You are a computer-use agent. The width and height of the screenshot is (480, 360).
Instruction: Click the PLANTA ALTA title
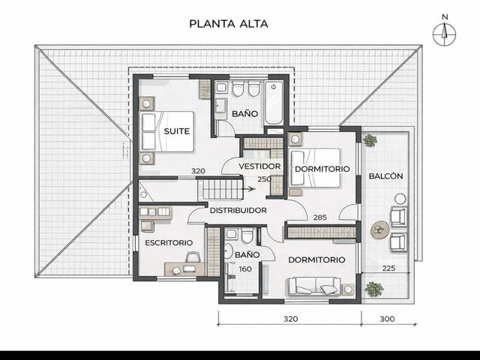pyautogui.click(x=229, y=24)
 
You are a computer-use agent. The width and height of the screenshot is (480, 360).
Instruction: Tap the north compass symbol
pyautogui.click(x=445, y=31)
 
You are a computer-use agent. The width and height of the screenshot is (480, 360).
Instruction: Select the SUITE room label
pyautogui.click(x=177, y=131)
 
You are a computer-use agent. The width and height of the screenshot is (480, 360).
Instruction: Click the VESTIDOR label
pyautogui.click(x=259, y=166)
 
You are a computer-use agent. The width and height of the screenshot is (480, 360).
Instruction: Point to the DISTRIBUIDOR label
pyautogui.click(x=238, y=211)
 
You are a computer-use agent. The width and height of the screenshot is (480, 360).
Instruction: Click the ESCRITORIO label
pyautogui.click(x=169, y=243)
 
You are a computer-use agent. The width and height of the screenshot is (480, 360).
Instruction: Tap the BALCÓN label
pyautogui.click(x=385, y=176)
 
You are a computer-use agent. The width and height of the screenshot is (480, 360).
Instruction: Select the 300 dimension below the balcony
pyautogui.click(x=387, y=319)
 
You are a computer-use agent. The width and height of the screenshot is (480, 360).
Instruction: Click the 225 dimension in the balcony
pyautogui.click(x=388, y=268)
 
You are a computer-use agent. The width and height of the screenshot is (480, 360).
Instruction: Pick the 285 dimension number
pyautogui.click(x=320, y=217)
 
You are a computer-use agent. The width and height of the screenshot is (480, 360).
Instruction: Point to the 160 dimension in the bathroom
pyautogui.click(x=245, y=269)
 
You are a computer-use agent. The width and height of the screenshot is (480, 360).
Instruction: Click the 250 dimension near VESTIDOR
pyautogui.click(x=264, y=179)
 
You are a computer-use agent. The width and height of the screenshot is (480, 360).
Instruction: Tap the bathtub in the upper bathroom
pyautogui.click(x=273, y=103)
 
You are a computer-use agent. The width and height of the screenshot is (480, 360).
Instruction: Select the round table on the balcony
pyautogui.click(x=380, y=229)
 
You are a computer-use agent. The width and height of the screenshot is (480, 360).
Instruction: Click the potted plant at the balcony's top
pyautogui.click(x=370, y=140)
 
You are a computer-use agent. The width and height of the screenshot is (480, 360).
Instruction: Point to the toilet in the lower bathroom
pyautogui.click(x=247, y=236)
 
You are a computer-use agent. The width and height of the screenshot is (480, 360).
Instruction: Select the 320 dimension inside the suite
pyautogui.click(x=198, y=172)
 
